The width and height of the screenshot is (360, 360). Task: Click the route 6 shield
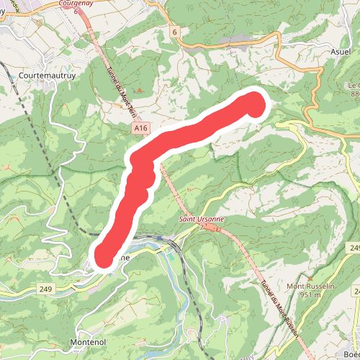(x=175, y=32)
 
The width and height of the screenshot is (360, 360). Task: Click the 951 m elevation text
(x=310, y=295)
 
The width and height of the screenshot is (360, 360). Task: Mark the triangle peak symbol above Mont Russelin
(x=310, y=276)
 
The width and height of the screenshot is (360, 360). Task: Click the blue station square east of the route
(x=158, y=238)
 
